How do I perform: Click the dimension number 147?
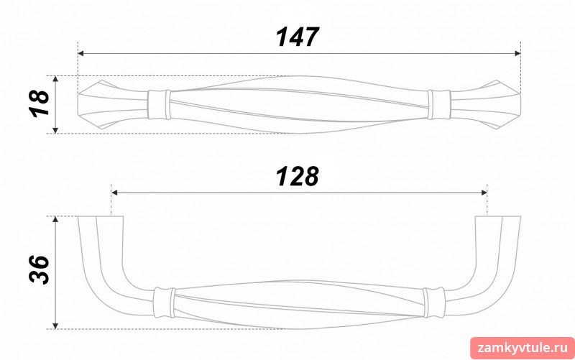(298, 37)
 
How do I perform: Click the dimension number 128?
(298, 176)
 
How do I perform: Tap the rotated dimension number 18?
(40, 103)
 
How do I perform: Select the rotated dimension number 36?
(40, 269)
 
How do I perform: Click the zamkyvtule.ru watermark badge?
(523, 348)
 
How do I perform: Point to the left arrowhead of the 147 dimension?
(81, 53)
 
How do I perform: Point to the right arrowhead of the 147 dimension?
(517, 53)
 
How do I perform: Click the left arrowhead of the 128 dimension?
(114, 193)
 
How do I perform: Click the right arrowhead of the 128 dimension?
(484, 193)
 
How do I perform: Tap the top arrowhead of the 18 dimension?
(55, 79)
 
